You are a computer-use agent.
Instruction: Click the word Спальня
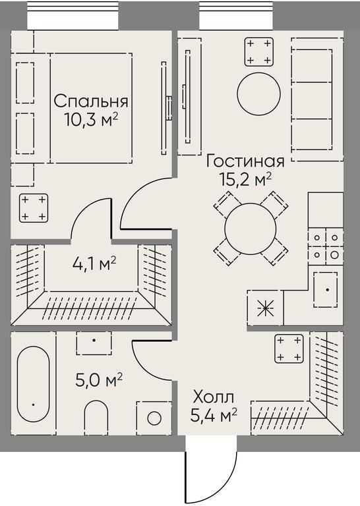[x=91, y=101]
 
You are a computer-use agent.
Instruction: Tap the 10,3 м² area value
[x=92, y=120]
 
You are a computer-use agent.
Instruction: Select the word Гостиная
[x=245, y=161]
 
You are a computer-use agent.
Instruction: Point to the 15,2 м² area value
[x=245, y=179]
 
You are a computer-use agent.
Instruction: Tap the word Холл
[x=213, y=397]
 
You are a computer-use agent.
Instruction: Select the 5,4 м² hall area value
[x=214, y=416]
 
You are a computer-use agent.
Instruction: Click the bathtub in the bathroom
[x=33, y=384]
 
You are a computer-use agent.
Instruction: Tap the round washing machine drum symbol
[x=154, y=418]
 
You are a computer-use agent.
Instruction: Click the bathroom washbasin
[x=94, y=343]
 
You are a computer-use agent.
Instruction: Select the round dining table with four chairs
[x=251, y=229]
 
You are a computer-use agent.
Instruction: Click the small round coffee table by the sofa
[x=258, y=94]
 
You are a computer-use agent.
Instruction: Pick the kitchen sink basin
[x=326, y=289]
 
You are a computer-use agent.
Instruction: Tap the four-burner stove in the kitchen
[x=326, y=246]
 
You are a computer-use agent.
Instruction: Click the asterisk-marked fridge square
[x=266, y=308]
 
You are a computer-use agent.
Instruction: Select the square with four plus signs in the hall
[x=289, y=349]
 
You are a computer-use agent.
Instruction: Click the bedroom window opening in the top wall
[x=73, y=16]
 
